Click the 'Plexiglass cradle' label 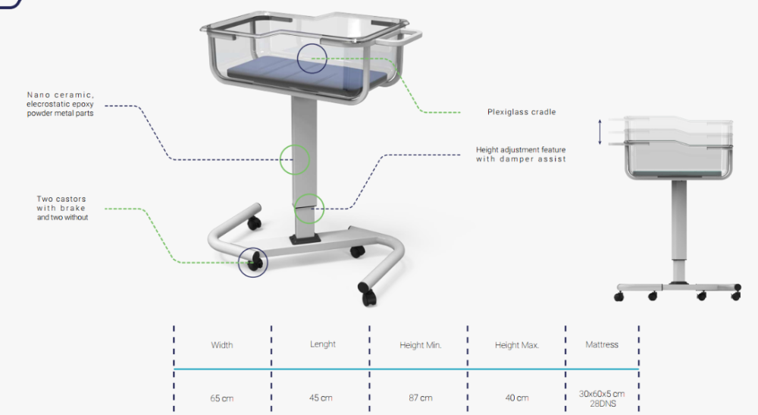[522, 112]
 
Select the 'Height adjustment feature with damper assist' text [521, 154]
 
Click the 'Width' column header [222, 345]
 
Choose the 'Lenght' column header [322, 344]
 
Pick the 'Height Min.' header [420, 345]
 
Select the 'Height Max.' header [517, 345]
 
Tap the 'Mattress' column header [602, 344]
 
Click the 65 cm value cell [222, 398]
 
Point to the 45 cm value [321, 398]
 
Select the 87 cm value [420, 398]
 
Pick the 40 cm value [517, 398]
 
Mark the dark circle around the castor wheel [238, 263]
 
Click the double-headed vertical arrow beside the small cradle [600, 132]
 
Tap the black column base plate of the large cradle [305, 240]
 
